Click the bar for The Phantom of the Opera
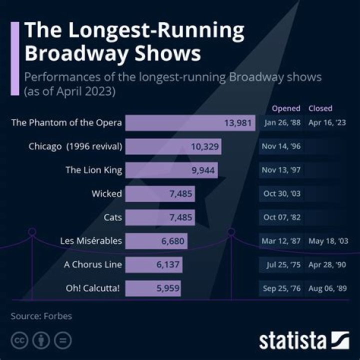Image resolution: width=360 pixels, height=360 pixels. [x=190, y=123]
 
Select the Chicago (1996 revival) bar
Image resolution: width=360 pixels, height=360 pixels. [x=173, y=146]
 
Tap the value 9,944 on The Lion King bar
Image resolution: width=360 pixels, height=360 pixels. [x=203, y=170]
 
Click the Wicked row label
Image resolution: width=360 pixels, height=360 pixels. [x=106, y=193]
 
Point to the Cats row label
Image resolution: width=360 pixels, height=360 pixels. [x=112, y=217]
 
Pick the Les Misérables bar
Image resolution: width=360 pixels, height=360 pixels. [x=156, y=241]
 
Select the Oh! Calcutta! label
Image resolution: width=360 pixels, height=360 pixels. [x=93, y=288]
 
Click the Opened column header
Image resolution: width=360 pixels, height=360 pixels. [x=286, y=108]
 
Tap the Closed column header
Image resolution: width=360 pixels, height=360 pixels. [x=320, y=108]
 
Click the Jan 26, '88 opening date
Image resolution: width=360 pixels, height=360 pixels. [x=281, y=123]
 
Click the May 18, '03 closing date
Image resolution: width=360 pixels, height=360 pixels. [x=328, y=241]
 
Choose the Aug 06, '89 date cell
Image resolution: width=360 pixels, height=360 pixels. [x=328, y=288]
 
